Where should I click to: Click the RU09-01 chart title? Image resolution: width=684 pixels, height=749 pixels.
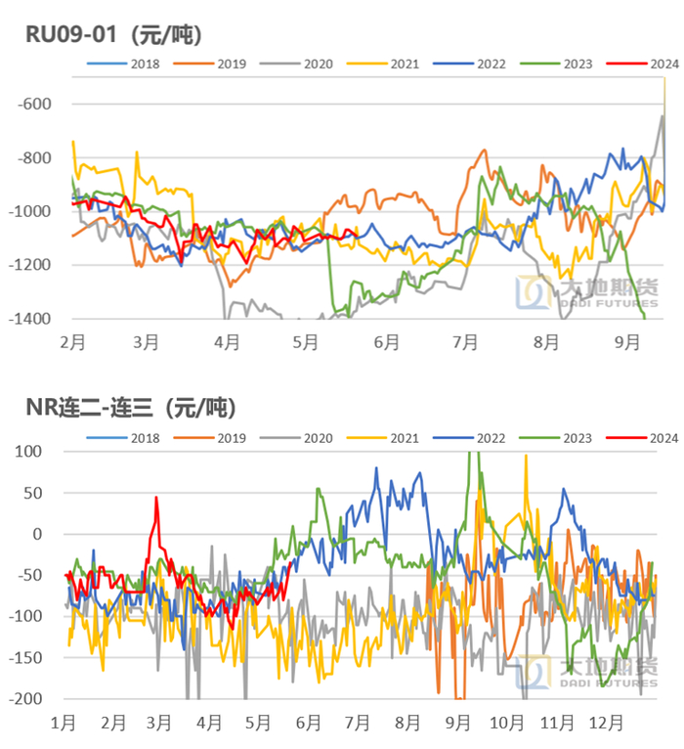113,35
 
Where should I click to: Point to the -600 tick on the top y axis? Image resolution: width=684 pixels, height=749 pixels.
34,105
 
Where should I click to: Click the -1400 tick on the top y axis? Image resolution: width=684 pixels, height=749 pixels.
30,319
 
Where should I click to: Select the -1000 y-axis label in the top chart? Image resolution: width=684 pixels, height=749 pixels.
30,212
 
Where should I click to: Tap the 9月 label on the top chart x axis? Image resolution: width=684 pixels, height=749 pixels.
626,343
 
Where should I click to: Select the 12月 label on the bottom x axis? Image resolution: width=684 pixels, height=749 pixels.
605,724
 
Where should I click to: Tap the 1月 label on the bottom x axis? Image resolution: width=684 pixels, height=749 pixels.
64,724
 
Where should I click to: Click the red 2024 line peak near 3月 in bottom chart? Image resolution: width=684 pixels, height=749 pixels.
156,498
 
